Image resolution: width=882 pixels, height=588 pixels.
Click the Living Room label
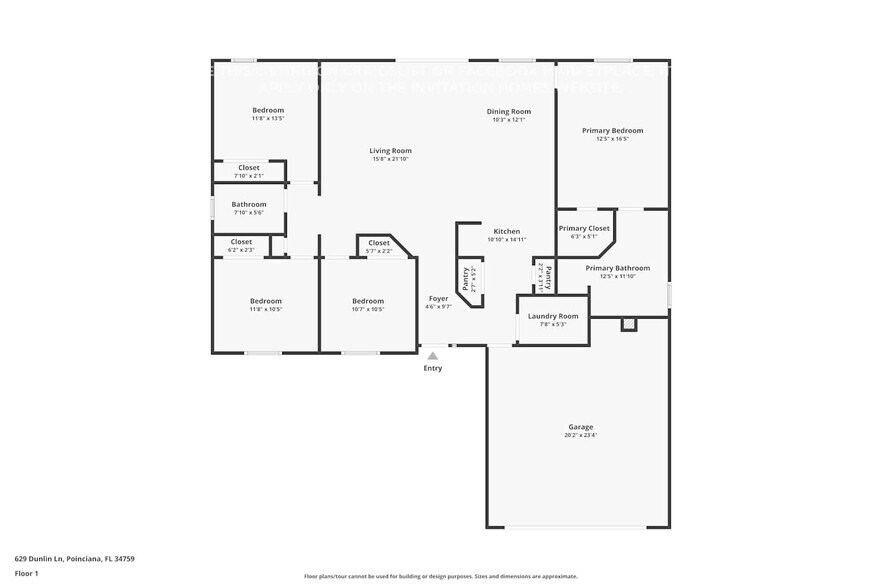(390, 151)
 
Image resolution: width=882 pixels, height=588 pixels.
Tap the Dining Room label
(508, 111)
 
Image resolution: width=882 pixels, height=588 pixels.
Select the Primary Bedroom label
(612, 130)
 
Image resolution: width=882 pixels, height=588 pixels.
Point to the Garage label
(581, 426)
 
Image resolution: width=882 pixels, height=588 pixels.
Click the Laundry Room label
(553, 316)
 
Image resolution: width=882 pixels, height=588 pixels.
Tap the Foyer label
(438, 298)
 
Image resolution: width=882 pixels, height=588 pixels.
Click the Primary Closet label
(583, 228)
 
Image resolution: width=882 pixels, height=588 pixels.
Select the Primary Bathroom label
(617, 268)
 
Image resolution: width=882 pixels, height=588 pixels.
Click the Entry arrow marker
(432, 355)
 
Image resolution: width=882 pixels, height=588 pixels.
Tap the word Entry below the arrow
(432, 368)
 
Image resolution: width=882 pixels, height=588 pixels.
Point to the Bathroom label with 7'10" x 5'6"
(249, 204)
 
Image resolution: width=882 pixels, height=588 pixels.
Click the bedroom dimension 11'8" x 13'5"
(267, 118)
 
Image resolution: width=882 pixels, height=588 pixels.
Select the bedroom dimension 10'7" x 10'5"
(367, 309)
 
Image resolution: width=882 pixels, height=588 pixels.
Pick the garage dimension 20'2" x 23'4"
(581, 435)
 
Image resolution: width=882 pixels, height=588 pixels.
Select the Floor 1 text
(26, 573)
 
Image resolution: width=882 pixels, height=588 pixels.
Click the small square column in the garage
(628, 324)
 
